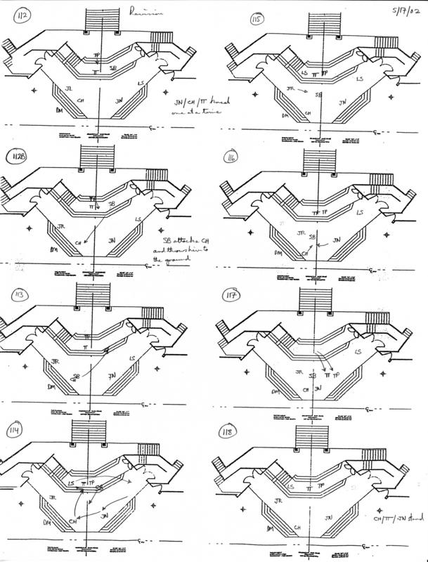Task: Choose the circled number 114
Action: tap(15, 431)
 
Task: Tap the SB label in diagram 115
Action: tap(318, 93)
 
